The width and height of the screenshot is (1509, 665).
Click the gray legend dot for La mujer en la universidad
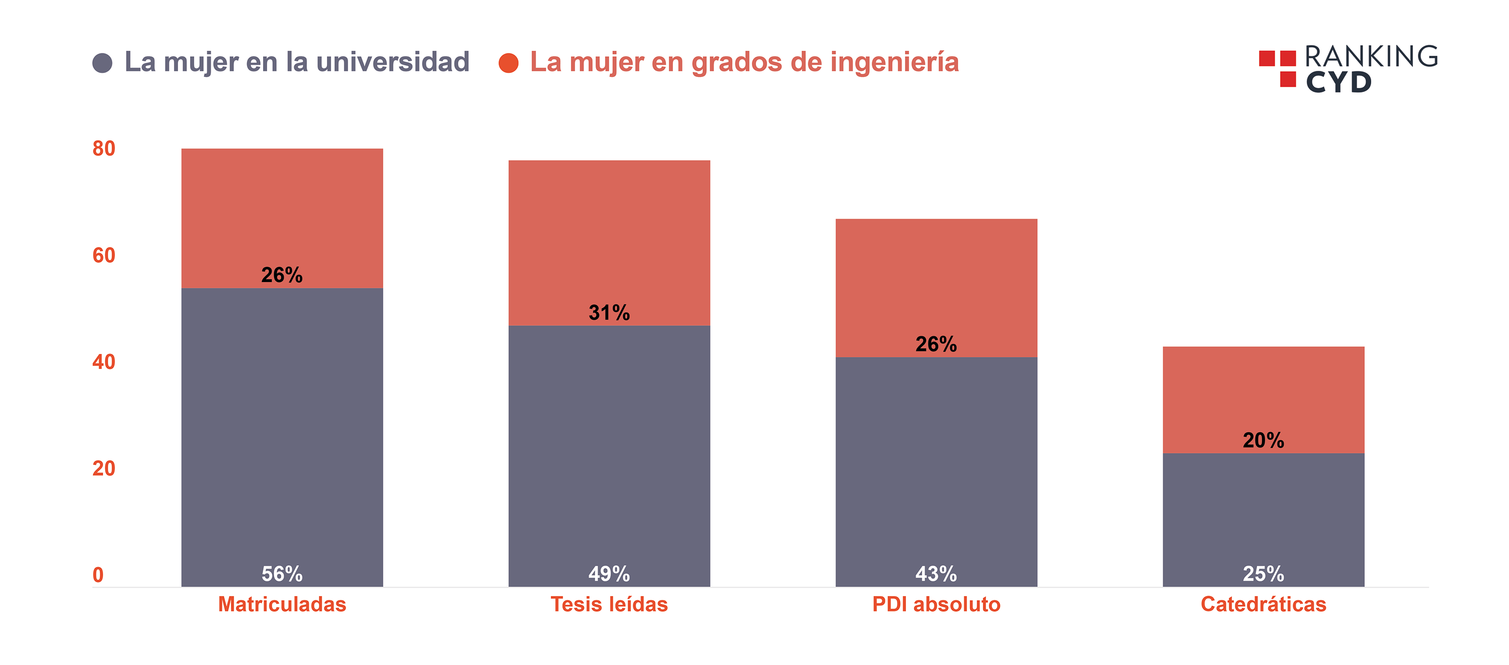103,63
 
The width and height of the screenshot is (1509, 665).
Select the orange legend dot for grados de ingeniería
508,63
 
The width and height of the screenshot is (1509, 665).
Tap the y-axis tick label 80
104,149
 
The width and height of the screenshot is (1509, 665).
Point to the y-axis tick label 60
104,255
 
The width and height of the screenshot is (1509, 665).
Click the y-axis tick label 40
104,362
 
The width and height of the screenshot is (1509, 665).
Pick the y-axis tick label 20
104,468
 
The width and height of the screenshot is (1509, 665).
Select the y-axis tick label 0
98,575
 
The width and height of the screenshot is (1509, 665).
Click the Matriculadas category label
282,604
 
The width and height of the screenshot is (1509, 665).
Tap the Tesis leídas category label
609,604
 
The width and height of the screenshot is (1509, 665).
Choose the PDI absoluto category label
936,604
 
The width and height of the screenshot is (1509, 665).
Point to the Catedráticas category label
1264,604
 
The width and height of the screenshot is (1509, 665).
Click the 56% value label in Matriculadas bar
282,574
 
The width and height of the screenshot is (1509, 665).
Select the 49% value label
609,574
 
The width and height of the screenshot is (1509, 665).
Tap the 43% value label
936,574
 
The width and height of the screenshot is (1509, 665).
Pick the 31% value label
609,313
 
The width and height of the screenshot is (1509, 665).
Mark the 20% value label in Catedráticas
1264,440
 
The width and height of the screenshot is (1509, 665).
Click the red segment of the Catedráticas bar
1264,387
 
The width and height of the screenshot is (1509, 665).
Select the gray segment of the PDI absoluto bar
936,456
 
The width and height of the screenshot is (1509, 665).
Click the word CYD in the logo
1338,82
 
